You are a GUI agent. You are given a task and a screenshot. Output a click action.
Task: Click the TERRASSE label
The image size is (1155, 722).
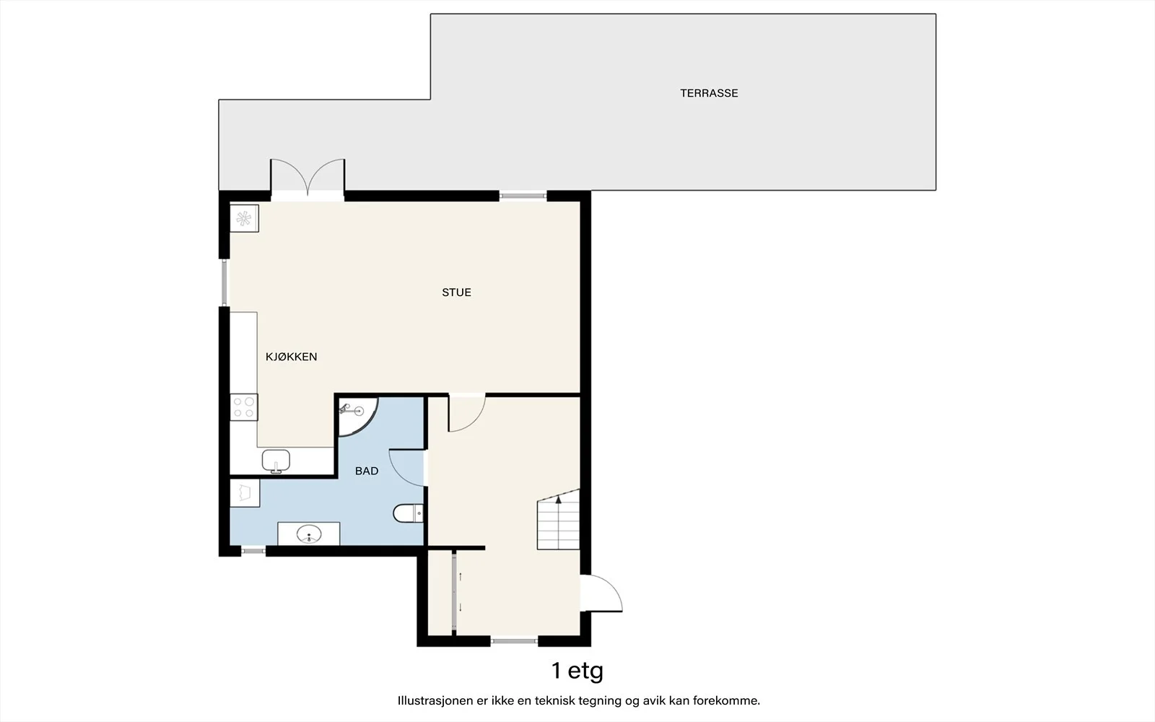pos(709,93)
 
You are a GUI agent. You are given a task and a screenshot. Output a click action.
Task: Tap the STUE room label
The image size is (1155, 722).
pos(456,292)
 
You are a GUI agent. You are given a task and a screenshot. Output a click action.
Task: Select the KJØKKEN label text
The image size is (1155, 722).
pos(292,357)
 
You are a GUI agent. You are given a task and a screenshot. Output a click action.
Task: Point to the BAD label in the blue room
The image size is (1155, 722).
pos(367,471)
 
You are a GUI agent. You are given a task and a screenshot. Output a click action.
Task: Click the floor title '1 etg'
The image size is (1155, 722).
pos(577,671)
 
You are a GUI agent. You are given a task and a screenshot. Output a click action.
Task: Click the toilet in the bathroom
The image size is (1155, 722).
pos(409,513)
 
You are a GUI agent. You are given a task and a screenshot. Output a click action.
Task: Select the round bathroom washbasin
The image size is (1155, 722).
pos(309,534)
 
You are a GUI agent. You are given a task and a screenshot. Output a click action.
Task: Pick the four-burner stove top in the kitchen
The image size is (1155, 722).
pos(244,407)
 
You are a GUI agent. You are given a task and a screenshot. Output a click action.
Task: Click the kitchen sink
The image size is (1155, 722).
pos(276,461)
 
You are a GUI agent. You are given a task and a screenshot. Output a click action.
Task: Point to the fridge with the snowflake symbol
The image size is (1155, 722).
pos(244,219)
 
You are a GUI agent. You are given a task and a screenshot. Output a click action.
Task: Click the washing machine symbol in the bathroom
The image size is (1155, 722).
pos(245,493)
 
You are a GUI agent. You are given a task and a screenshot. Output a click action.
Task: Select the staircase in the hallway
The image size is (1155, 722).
pos(559,519)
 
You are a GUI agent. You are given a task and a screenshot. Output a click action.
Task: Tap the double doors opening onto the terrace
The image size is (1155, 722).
pos(308,178)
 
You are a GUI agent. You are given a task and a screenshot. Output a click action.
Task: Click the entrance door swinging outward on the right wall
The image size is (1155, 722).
pos(601,593)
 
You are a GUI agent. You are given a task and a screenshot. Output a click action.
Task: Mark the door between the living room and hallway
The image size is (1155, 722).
pos(466,413)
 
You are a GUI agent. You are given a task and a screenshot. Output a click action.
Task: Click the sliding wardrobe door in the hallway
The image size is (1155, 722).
pos(454,593)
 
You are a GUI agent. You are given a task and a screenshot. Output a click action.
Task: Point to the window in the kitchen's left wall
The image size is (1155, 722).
pos(225,282)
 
